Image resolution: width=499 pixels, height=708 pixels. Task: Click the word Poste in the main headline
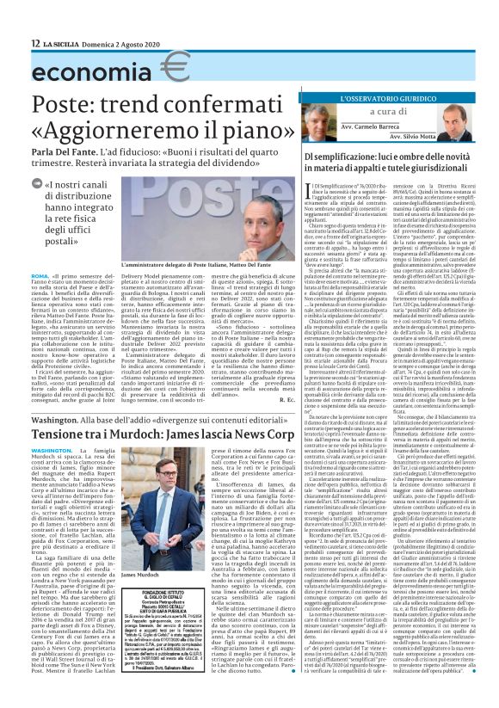[x=48, y=102]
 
